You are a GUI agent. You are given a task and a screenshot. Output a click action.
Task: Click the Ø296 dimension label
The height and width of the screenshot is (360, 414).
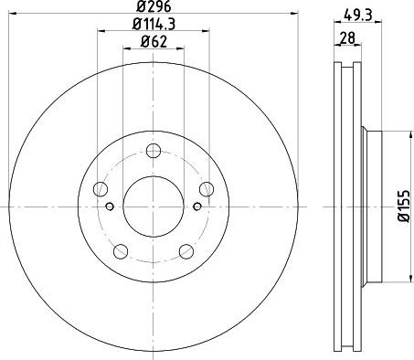coord(154,6)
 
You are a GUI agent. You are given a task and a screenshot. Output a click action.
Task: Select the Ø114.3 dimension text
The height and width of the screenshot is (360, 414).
coord(154,24)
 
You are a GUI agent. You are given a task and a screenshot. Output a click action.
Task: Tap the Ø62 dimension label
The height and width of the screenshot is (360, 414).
coord(154,42)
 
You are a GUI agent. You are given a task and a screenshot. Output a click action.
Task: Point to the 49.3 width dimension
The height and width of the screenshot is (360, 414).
coord(358,15)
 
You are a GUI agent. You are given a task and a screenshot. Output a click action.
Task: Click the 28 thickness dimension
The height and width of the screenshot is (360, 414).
coord(347,38)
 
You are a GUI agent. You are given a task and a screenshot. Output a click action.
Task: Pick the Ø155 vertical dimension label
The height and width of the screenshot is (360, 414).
coord(405,206)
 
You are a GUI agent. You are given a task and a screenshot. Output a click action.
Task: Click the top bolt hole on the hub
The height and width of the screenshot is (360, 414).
coord(154,151)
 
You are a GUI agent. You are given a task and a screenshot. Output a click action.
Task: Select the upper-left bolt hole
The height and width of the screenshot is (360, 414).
coord(101,189)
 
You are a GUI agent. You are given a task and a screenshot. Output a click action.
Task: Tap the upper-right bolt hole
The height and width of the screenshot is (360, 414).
coord(207,189)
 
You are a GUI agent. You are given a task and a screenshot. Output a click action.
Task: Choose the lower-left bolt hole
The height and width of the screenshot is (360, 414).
coord(121,251)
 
